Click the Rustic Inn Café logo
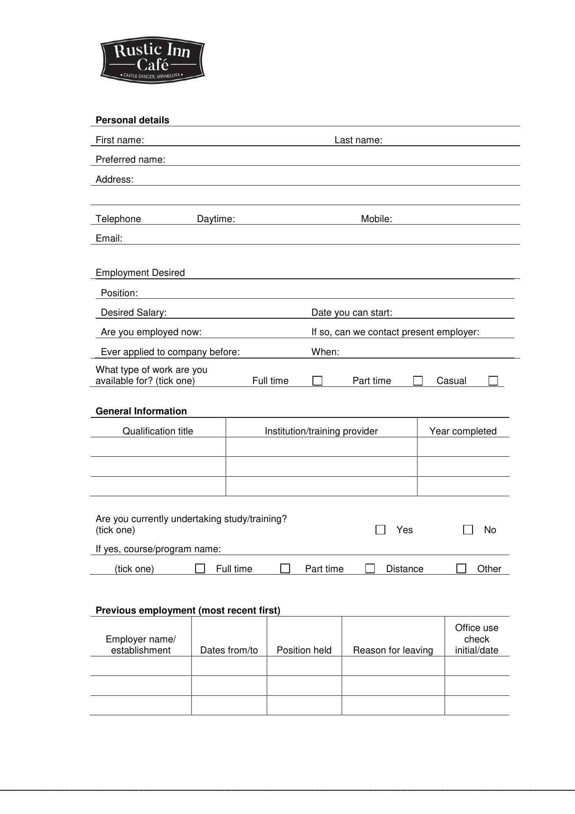(152, 60)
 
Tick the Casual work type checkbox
(493, 381)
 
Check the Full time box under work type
(317, 381)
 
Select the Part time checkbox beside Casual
(417, 381)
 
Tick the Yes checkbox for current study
(380, 530)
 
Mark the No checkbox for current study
(468, 530)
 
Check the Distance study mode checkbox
(370, 569)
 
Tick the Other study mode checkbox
(461, 569)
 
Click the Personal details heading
(132, 120)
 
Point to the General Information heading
(141, 411)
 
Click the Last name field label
(358, 140)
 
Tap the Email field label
(109, 239)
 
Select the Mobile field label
(376, 219)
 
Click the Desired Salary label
(134, 313)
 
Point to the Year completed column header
(463, 431)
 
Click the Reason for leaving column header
(393, 650)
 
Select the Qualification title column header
(158, 431)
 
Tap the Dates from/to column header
(229, 650)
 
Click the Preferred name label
(130, 160)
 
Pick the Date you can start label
(351, 313)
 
